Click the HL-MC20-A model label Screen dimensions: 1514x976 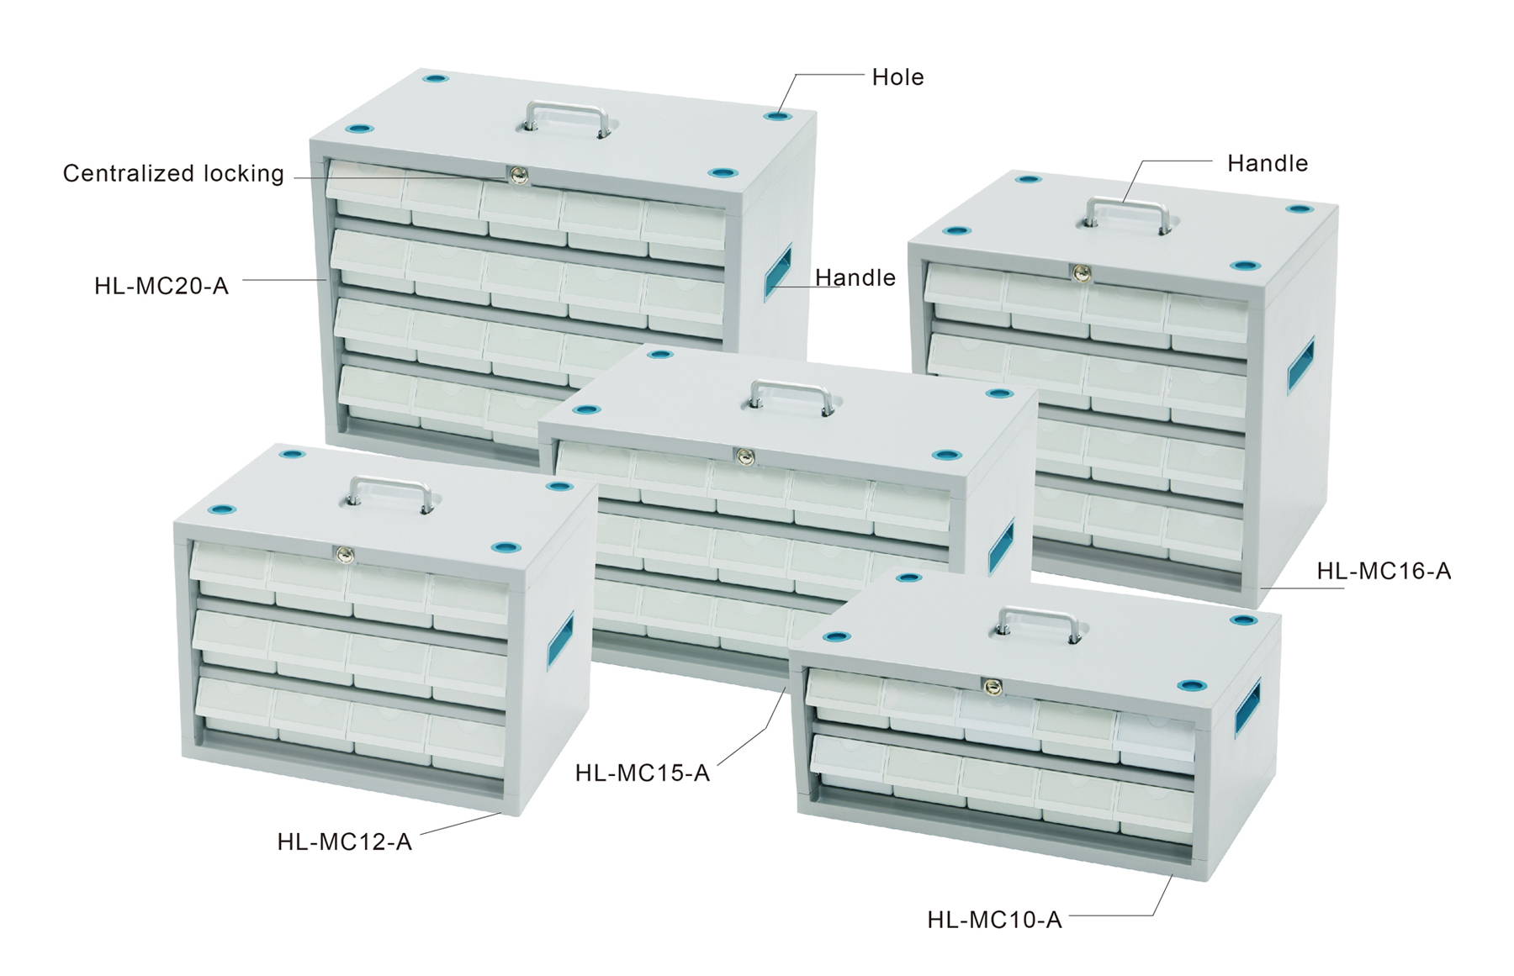pos(161,286)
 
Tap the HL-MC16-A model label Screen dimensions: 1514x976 pos(1384,571)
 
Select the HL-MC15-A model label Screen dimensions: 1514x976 pos(643,773)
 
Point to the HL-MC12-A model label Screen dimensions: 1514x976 pos(344,841)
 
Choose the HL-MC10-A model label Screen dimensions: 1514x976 pos(994,920)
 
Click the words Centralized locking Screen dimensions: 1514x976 pos(173,173)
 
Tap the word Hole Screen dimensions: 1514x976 pos(897,77)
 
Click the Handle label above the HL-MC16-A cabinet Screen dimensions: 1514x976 pos(1268,163)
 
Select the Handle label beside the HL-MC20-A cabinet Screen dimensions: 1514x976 pos(855,277)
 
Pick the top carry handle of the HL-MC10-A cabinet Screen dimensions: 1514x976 pos(1038,622)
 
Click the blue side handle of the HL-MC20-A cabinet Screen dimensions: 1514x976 pos(777,272)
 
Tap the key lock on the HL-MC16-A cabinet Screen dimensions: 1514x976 pos(1077,272)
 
